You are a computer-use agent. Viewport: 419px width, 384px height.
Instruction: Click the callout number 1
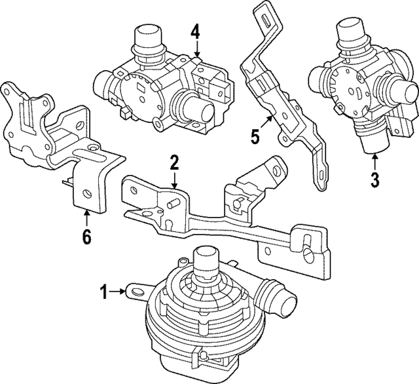click(x=103, y=290)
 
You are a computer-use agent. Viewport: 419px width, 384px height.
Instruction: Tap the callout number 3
click(x=374, y=179)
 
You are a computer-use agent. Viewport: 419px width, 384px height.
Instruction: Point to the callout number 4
click(x=196, y=30)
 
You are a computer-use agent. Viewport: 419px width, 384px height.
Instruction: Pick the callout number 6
click(x=87, y=235)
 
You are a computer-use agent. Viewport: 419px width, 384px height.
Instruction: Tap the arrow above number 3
click(x=374, y=159)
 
